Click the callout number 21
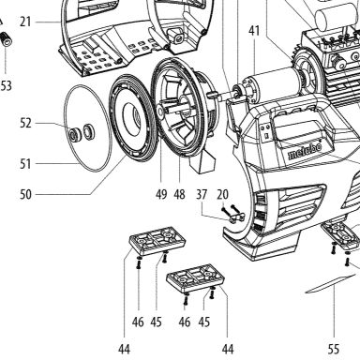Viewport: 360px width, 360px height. pyautogui.click(x=25, y=22)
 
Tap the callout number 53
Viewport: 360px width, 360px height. pyautogui.click(x=7, y=85)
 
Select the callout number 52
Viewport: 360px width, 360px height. pyautogui.click(x=25, y=123)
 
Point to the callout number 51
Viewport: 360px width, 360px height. pyautogui.click(x=25, y=164)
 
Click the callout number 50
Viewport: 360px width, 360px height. pyautogui.click(x=25, y=194)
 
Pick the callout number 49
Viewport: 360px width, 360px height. pyautogui.click(x=161, y=194)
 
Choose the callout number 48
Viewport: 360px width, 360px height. pyautogui.click(x=179, y=194)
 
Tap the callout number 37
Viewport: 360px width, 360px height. pyautogui.click(x=202, y=194)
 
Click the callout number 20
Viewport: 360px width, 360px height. pyautogui.click(x=222, y=194)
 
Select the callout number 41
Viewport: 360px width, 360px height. pyautogui.click(x=254, y=31)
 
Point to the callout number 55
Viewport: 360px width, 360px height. pyautogui.click(x=334, y=349)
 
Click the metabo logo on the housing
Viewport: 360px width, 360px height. pyautogui.click(x=305, y=152)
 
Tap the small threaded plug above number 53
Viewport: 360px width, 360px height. pyautogui.click(x=7, y=39)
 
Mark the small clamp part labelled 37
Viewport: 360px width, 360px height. pyautogui.click(x=237, y=217)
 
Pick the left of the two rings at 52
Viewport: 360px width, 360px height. pyautogui.click(x=75, y=134)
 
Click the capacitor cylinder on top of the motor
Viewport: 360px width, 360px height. pyautogui.click(x=337, y=17)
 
